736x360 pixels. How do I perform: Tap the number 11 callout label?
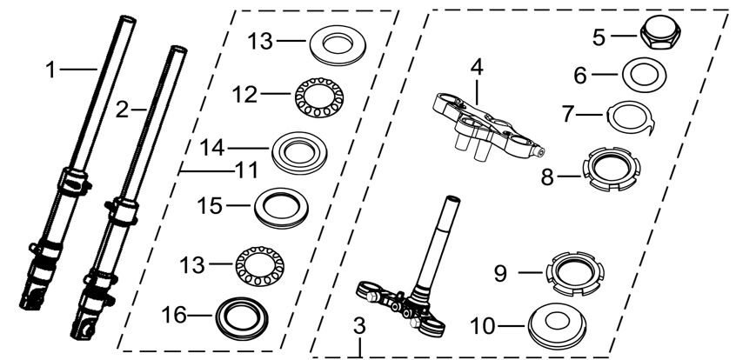247,170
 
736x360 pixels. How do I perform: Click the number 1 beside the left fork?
50,71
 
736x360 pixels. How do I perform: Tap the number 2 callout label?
122,110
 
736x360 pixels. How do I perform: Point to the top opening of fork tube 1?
128,19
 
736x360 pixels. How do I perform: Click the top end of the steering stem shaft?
452,198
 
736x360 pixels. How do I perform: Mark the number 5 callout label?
599,37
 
